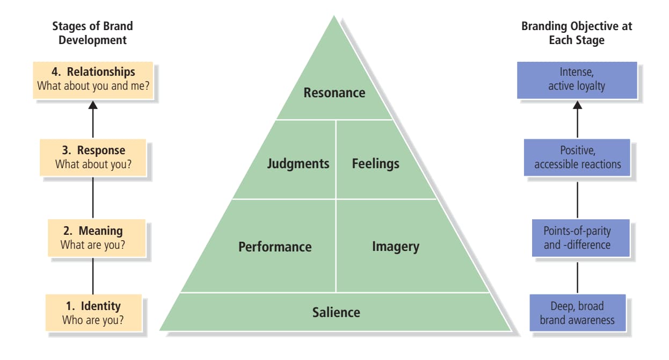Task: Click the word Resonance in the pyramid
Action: (334, 93)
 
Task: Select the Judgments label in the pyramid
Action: (298, 163)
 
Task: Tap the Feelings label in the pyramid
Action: (375, 163)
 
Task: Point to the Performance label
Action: (275, 247)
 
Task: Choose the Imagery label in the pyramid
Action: (395, 247)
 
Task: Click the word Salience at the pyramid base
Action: (336, 312)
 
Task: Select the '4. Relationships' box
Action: (93, 80)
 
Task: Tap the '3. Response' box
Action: (93, 157)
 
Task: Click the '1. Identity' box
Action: (93, 313)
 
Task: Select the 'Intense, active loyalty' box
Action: (577, 80)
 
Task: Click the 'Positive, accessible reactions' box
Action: (577, 157)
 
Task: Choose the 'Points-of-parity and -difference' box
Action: (577, 238)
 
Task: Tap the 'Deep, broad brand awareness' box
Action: (577, 313)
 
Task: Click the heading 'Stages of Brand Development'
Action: (92, 33)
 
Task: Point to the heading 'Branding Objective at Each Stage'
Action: (577, 33)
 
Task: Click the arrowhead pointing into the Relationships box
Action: (93, 105)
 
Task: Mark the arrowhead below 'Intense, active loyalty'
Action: (577, 105)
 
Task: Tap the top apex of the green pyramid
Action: (334, 17)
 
